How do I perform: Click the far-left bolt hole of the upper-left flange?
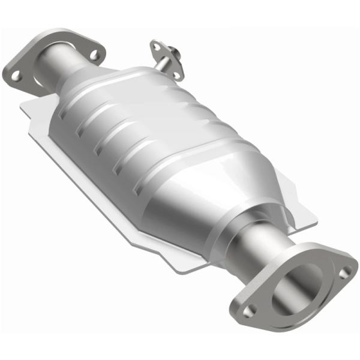[x=16, y=75]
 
